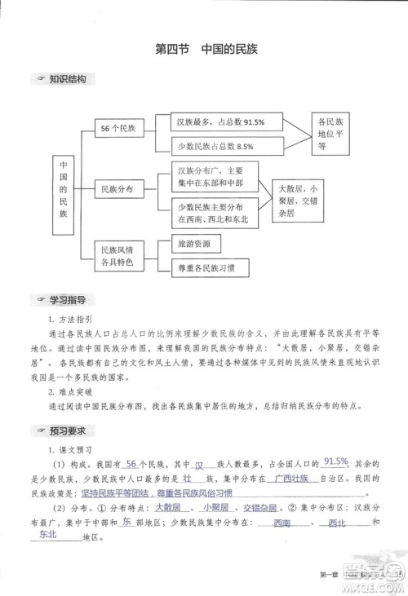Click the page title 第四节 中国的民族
point(206,49)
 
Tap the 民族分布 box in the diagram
point(117,188)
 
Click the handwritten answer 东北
point(48,536)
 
